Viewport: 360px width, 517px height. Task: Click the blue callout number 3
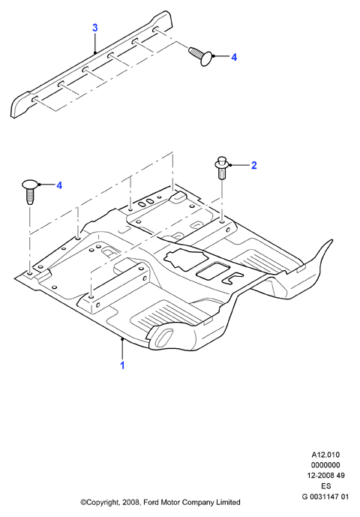click(x=95, y=28)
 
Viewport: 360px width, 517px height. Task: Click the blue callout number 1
click(x=122, y=365)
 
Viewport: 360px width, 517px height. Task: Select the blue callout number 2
click(x=253, y=165)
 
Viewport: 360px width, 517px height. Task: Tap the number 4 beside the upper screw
click(x=234, y=57)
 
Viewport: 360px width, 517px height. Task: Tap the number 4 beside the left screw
click(x=59, y=185)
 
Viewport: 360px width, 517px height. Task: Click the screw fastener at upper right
click(x=201, y=56)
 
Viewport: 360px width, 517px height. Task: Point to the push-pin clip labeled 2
click(x=222, y=168)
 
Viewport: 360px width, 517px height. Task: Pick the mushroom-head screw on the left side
click(x=30, y=191)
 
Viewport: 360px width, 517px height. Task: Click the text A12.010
click(x=325, y=455)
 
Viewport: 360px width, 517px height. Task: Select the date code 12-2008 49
click(x=325, y=476)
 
